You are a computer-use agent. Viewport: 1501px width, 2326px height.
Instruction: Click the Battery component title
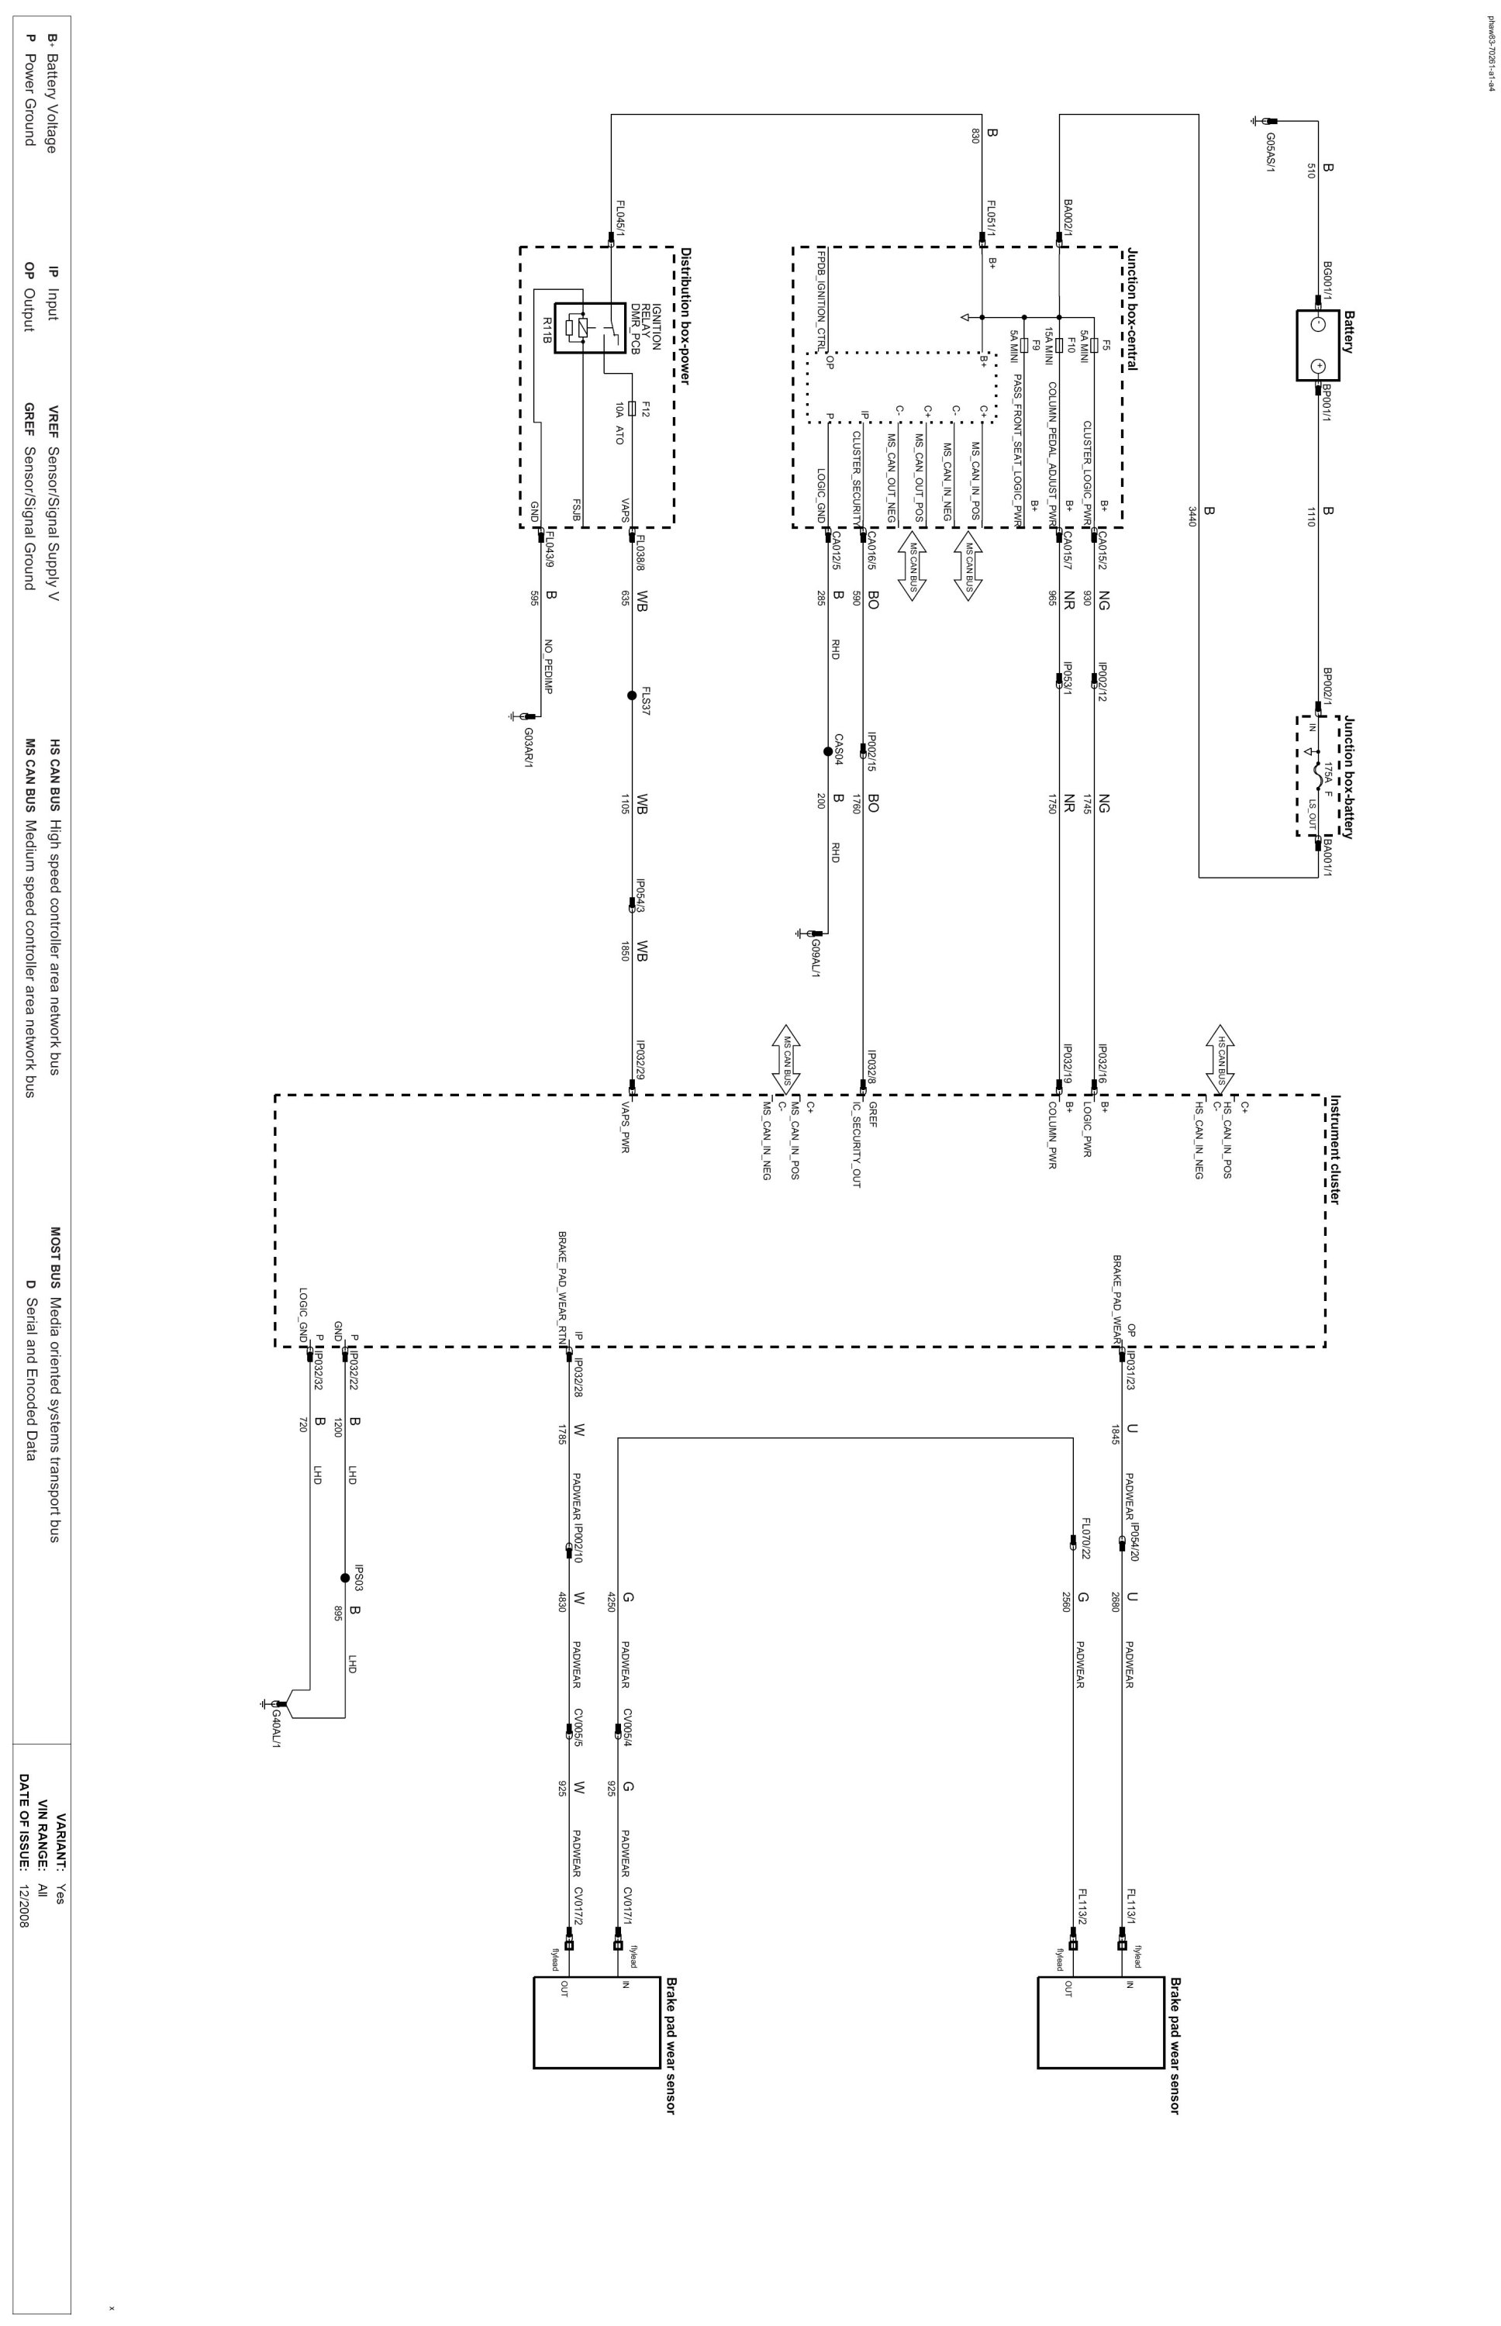1349,331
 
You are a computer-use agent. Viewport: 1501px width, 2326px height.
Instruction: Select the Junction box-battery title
1349,777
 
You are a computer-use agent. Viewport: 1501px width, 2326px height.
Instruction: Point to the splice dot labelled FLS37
632,695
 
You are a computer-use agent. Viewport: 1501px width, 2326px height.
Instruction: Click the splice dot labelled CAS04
827,751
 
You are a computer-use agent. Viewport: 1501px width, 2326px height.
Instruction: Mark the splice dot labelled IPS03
344,1579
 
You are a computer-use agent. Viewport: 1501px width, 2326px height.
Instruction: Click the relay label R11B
548,330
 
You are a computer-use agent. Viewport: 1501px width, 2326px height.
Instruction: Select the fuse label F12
646,409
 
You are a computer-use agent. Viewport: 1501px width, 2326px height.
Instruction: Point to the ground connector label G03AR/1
528,747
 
